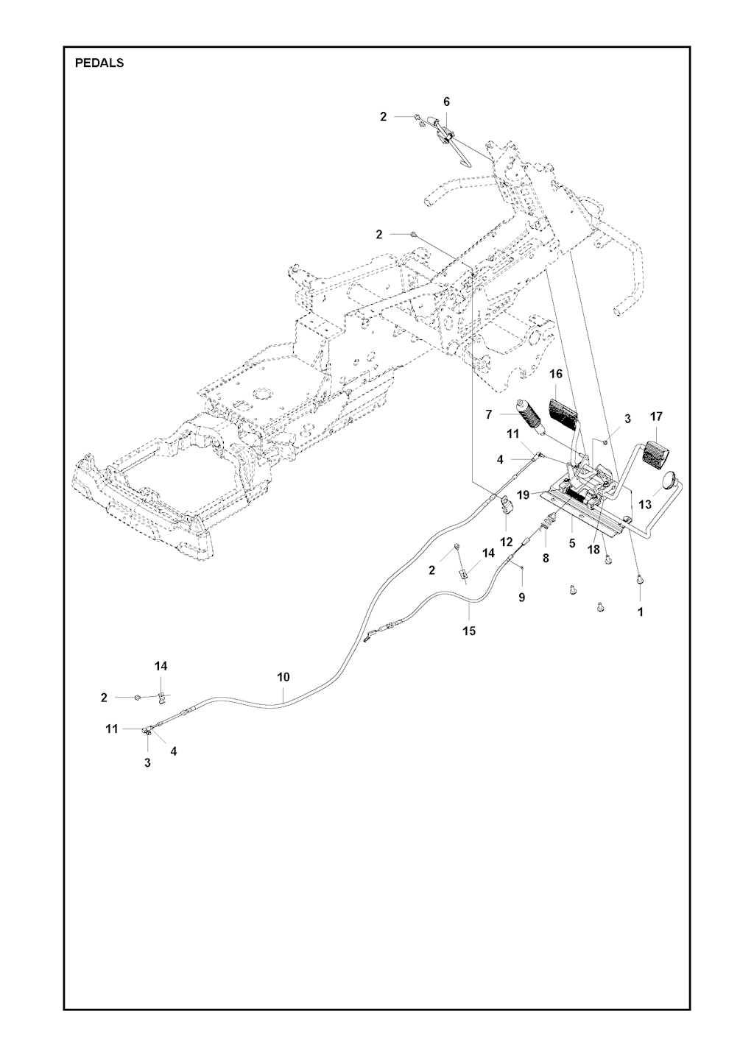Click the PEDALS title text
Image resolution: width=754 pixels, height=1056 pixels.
[x=99, y=63]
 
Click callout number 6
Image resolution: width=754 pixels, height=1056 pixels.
[x=446, y=102]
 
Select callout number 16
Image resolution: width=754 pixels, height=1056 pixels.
[x=557, y=374]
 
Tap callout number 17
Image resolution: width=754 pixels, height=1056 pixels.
[x=656, y=417]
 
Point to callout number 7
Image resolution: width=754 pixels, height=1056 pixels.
[x=489, y=414]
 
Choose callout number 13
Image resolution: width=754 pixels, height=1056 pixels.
[x=645, y=504]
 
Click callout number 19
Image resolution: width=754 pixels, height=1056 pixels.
[x=523, y=495]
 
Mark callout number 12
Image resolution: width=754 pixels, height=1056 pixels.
[x=507, y=542]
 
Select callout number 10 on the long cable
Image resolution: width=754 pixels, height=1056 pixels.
[x=283, y=678]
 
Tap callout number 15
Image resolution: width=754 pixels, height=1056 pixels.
[x=469, y=631]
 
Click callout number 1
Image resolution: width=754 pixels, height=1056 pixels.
[x=641, y=612]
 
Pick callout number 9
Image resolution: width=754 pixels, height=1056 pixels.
[x=522, y=598]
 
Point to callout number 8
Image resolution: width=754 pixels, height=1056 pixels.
[x=546, y=558]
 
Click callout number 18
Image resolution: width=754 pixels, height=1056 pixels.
[x=593, y=550]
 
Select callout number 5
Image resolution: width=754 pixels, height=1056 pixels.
[x=572, y=544]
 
